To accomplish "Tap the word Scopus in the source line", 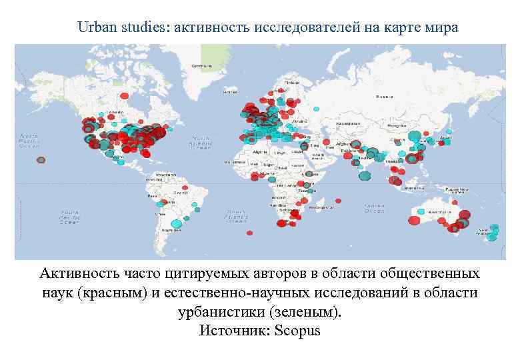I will (297, 331).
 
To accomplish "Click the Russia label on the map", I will (383, 97).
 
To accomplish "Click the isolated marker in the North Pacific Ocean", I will (41, 160).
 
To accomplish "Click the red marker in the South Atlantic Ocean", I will (250, 233).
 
